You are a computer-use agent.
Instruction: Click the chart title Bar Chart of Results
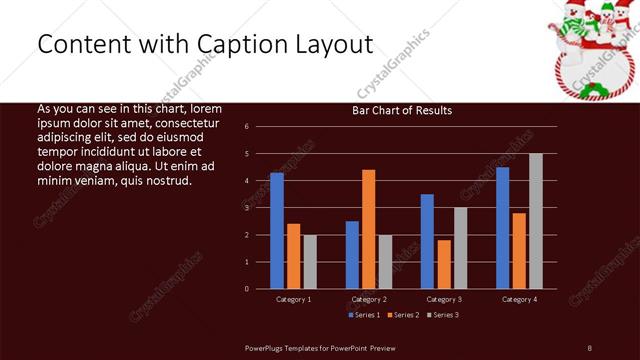point(402,110)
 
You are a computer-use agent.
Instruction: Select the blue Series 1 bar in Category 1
point(277,230)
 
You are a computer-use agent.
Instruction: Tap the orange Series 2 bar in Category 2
point(369,229)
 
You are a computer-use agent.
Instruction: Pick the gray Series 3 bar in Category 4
point(536,221)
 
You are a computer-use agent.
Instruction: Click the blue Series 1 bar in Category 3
point(427,241)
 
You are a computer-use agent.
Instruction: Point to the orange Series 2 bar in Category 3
point(444,264)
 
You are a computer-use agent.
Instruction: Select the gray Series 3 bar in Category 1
point(310,261)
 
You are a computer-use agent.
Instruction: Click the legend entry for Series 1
point(363,315)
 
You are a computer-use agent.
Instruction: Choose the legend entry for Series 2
point(403,315)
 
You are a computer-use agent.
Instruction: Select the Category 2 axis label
point(369,299)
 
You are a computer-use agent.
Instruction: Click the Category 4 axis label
point(519,299)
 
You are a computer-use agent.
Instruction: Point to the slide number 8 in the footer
point(590,347)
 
